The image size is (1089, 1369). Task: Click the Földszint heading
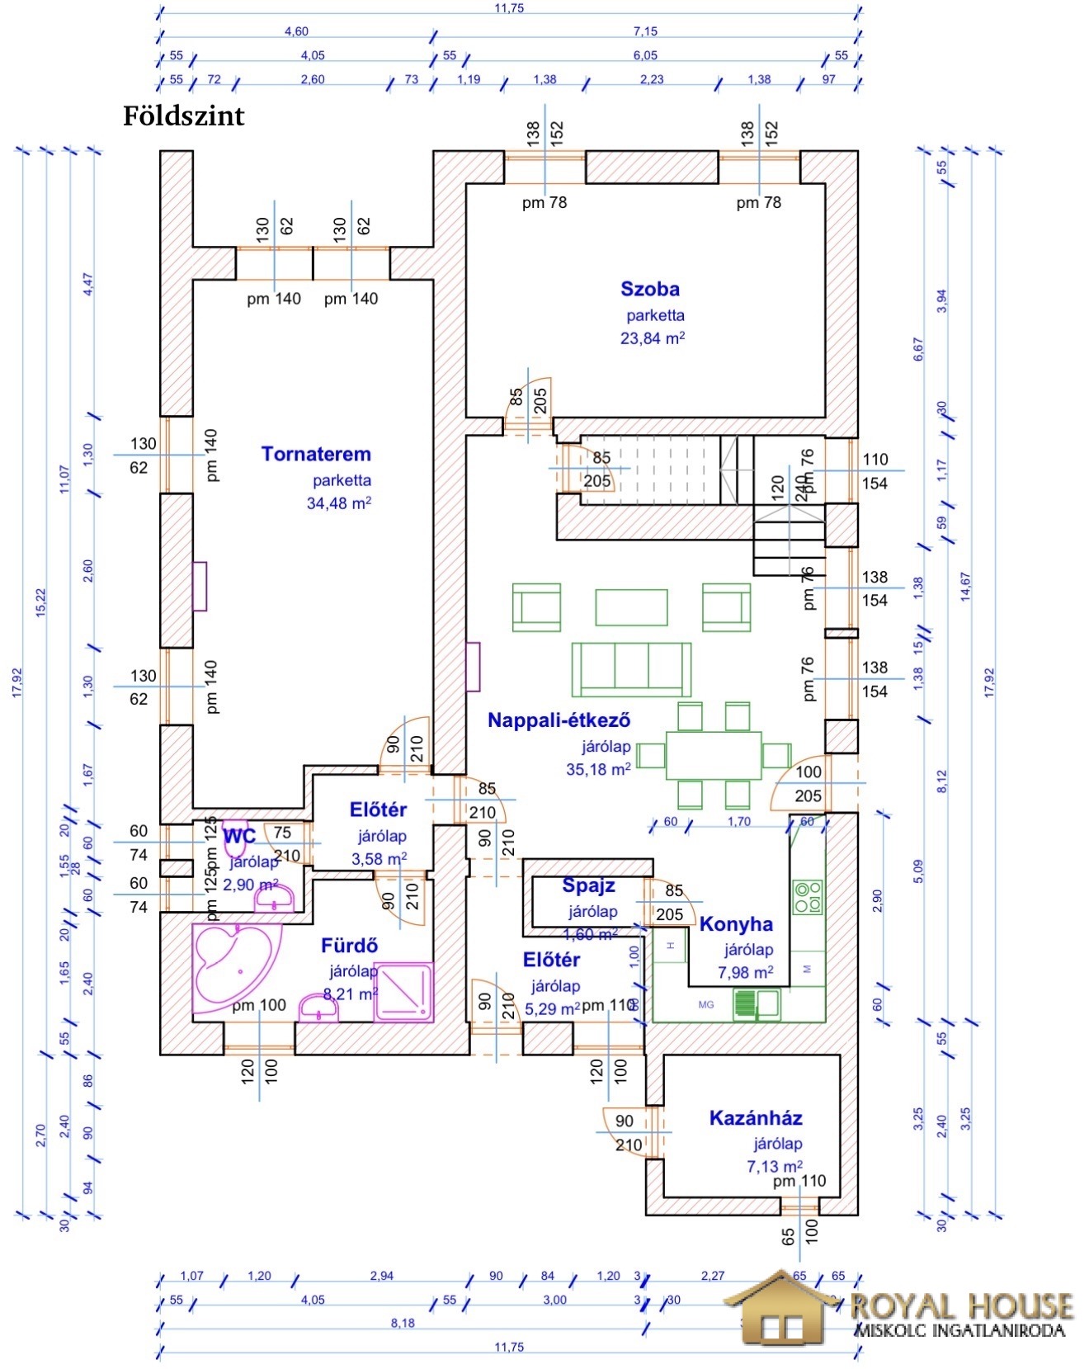[184, 116]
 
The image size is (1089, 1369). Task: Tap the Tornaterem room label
[316, 454]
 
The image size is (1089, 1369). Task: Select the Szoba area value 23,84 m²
[652, 338]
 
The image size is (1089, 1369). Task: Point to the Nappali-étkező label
[559, 720]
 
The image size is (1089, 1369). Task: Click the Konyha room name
[736, 924]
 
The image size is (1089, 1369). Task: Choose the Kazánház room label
[756, 1118]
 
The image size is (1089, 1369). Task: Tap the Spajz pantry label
[588, 886]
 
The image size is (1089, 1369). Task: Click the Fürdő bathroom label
[349, 946]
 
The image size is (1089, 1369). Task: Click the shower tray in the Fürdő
[403, 992]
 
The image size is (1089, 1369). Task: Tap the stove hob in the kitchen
[808, 897]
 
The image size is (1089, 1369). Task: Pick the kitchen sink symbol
[757, 1003]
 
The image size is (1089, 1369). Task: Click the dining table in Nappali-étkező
[714, 755]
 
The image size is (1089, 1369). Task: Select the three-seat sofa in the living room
[631, 669]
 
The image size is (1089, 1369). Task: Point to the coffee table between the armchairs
[631, 607]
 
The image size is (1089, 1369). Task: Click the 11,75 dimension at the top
[509, 8]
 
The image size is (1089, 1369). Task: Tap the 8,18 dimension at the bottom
[403, 1323]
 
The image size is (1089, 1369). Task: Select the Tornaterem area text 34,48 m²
[338, 503]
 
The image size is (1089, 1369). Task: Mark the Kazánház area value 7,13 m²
[774, 1166]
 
